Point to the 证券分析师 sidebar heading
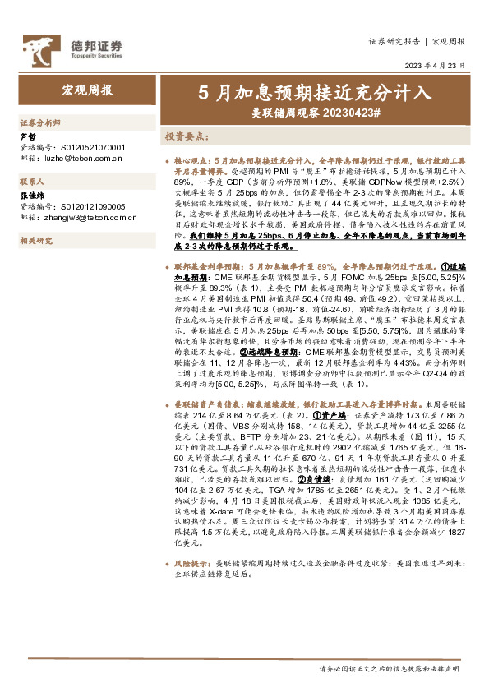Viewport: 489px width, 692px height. click(39, 122)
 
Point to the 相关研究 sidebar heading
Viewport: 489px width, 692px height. click(35, 241)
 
